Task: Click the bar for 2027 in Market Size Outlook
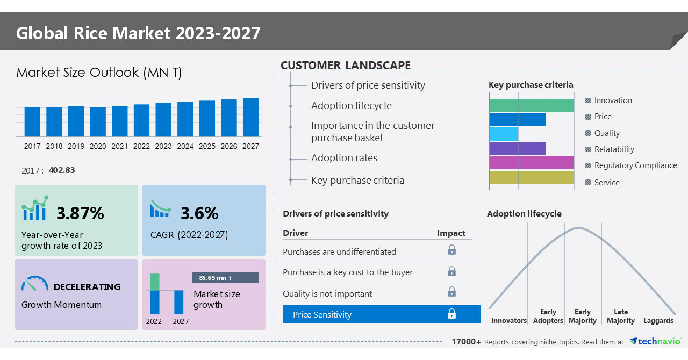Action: point(250,117)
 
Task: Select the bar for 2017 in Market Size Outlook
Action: point(32,122)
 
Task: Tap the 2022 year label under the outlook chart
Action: point(141,146)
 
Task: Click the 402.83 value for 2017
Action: point(62,170)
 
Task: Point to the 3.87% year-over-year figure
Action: point(80,213)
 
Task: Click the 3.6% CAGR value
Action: point(199,213)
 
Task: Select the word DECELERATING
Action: point(87,287)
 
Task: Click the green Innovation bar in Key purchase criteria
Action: point(532,105)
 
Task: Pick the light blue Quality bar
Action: point(504,134)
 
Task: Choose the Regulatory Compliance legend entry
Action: point(635,165)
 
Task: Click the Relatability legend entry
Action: point(614,149)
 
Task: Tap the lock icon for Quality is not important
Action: point(452,292)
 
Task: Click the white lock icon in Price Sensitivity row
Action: point(452,314)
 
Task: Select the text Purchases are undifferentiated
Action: point(339,252)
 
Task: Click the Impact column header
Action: point(451,233)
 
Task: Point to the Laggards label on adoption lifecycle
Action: point(658,321)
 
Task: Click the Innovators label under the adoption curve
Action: point(508,321)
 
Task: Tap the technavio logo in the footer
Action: point(655,342)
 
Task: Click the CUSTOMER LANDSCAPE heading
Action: point(346,66)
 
